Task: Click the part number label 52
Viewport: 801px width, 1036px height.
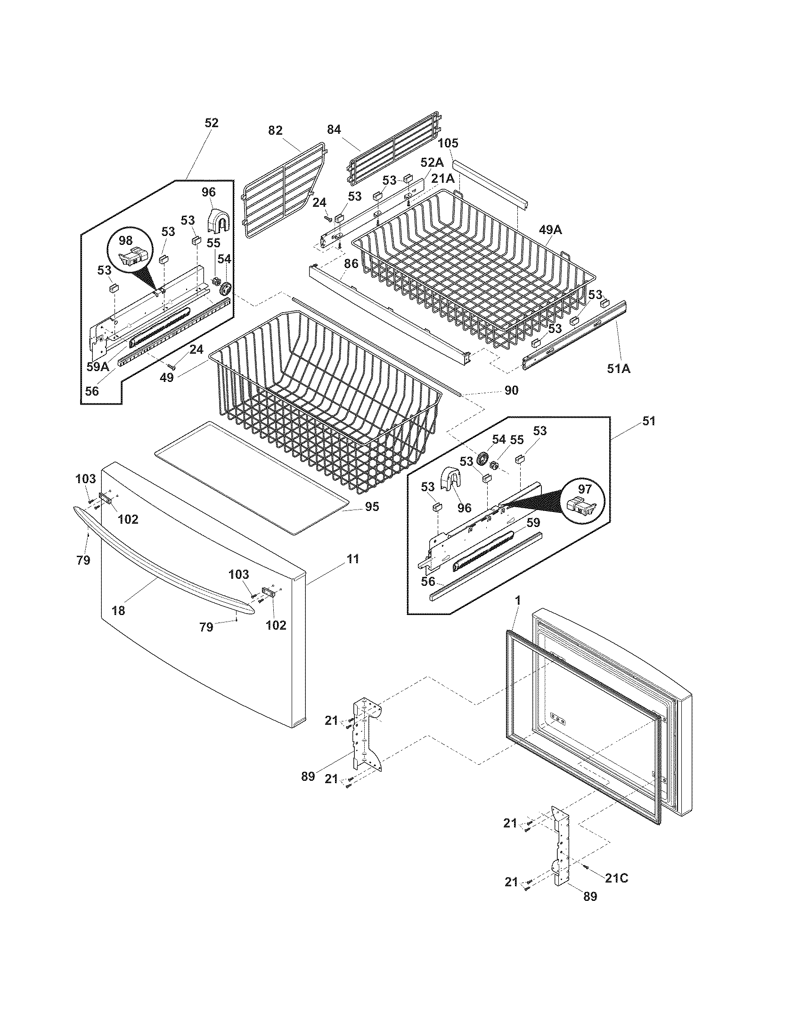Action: [212, 123]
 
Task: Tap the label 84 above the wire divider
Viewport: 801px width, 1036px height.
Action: [334, 129]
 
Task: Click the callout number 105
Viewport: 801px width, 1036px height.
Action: [448, 143]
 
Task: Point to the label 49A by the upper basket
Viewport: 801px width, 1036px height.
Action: [550, 230]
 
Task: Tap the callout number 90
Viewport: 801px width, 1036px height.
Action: [511, 390]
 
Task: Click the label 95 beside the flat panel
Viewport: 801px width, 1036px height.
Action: [373, 507]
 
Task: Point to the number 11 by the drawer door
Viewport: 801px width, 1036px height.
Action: [352, 559]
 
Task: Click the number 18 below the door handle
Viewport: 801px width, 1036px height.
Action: [118, 610]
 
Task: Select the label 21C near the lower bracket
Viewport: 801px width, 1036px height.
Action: [616, 878]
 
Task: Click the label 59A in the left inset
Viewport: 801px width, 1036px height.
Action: [98, 366]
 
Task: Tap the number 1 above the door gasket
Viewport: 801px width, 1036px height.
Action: [518, 600]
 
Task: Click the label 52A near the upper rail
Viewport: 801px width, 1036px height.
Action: [432, 162]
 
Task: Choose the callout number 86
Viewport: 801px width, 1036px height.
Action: [351, 264]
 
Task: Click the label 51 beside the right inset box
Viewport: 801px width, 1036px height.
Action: [648, 421]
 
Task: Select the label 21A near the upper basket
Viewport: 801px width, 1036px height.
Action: [443, 178]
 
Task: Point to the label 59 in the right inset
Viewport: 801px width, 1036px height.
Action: [533, 522]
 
